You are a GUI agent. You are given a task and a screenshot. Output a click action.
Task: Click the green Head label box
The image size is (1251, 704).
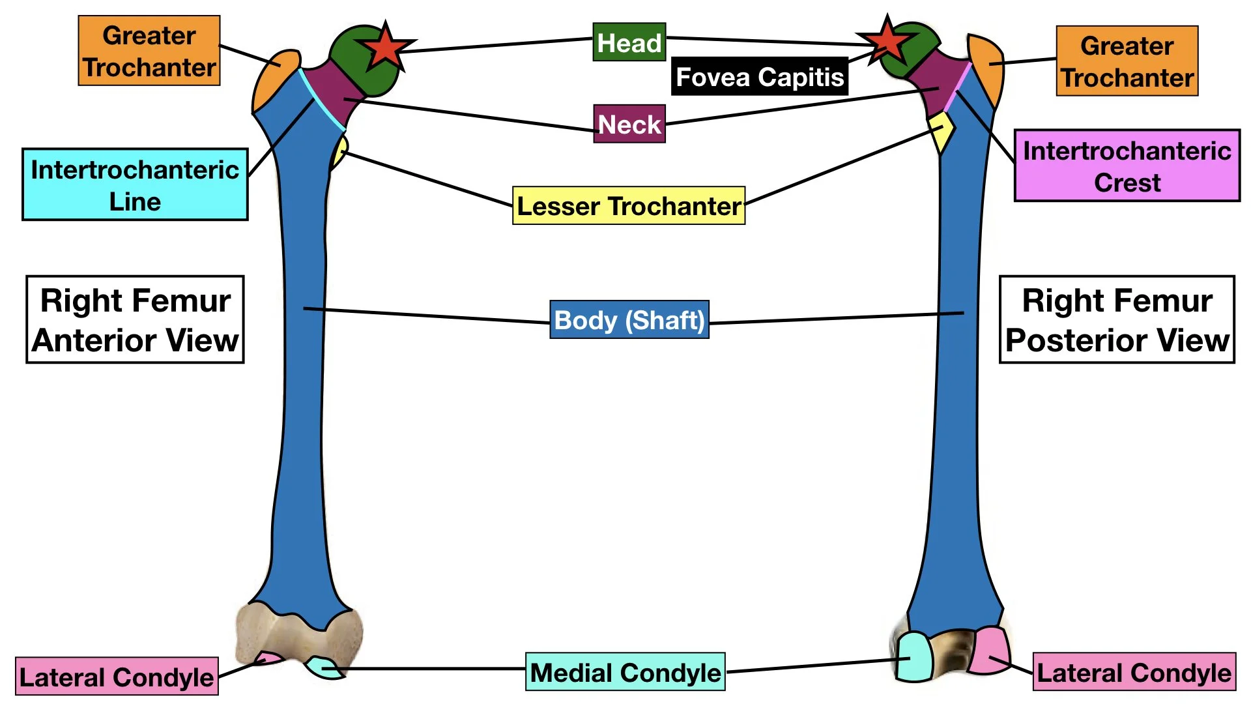tap(629, 42)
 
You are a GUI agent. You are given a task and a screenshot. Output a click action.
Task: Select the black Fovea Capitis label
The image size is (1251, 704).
tap(759, 77)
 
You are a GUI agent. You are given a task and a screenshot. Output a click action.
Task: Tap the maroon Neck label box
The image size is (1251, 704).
tap(629, 124)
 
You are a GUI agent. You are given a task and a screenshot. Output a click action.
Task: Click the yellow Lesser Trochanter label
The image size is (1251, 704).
tap(629, 206)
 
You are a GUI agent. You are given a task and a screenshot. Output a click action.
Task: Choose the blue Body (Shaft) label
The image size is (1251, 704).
tap(629, 320)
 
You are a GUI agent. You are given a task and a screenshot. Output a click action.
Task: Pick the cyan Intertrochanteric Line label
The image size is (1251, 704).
tap(135, 184)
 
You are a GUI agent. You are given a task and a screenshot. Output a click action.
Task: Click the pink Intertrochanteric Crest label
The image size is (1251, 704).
tap(1127, 166)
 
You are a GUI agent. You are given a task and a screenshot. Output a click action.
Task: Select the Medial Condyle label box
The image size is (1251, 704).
tap(625, 672)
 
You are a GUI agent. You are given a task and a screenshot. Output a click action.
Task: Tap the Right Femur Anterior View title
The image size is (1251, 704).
tap(135, 319)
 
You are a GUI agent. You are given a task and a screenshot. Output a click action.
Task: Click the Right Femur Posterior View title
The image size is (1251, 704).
tap(1117, 319)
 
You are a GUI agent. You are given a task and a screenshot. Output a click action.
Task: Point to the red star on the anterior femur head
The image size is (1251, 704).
tap(386, 47)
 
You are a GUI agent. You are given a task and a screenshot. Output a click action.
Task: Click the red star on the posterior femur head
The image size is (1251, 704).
tap(886, 40)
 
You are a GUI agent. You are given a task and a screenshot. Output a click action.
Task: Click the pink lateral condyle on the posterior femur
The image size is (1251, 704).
tap(989, 651)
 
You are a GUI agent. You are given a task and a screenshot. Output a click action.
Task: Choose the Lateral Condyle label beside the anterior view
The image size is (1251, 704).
tap(117, 677)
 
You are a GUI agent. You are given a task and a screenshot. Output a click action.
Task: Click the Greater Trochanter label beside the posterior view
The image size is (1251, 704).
tap(1127, 61)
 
